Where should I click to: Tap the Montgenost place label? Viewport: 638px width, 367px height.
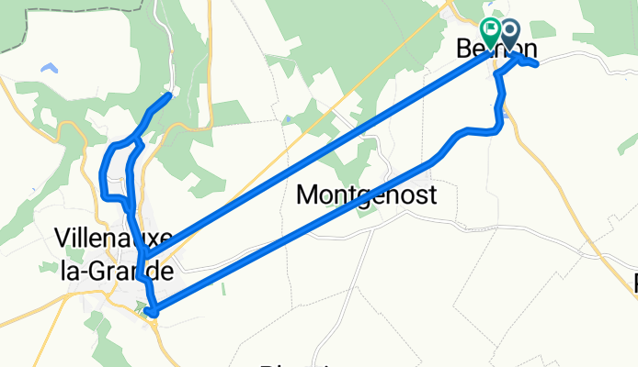[367, 195]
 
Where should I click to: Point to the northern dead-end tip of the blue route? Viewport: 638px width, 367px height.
[168, 95]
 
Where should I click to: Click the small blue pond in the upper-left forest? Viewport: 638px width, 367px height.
[48, 68]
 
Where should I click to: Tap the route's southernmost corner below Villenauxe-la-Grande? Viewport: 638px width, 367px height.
[154, 314]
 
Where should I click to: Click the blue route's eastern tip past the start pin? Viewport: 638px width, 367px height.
[534, 62]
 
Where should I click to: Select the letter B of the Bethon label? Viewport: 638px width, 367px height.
[466, 50]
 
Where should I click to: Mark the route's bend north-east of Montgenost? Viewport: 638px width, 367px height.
[457, 135]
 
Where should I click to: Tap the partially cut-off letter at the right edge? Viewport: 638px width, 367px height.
[634, 284]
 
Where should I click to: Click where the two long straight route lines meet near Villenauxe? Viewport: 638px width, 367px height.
[142, 257]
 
